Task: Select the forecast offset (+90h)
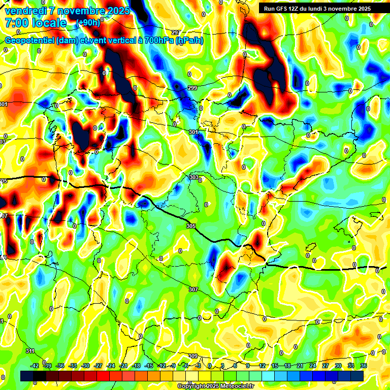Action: (88, 23)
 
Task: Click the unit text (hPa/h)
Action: (189, 41)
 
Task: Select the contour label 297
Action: (176, 32)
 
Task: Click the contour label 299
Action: (192, 88)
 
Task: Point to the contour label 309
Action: (192, 356)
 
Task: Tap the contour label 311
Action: (30, 351)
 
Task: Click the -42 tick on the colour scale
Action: (35, 366)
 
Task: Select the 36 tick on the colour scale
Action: (364, 366)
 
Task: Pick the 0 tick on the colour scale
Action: (210, 366)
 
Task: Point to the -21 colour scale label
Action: (123, 366)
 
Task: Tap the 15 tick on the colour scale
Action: (275, 366)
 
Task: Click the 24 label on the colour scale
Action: (313, 366)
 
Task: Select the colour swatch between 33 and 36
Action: (357, 376)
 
